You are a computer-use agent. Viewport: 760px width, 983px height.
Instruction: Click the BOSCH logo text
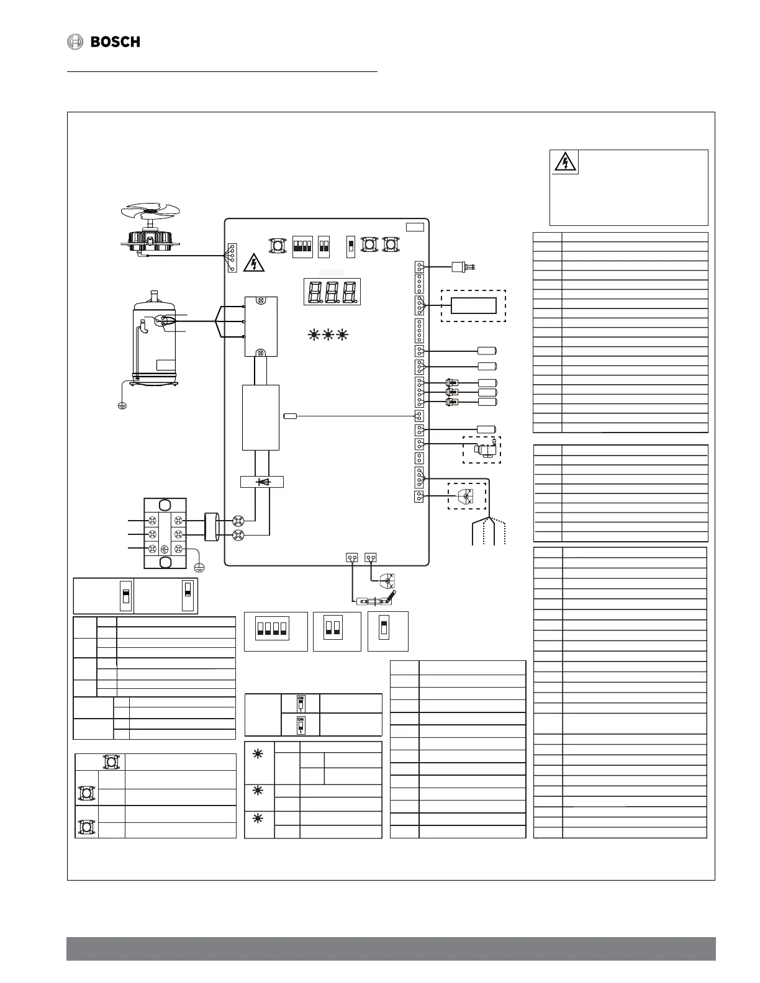[x=115, y=42]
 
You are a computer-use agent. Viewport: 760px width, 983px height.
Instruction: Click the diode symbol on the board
[x=262, y=482]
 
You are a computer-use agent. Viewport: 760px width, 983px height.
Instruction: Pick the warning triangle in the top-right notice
[x=565, y=163]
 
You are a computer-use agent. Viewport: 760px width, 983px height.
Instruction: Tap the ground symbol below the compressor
[x=122, y=406]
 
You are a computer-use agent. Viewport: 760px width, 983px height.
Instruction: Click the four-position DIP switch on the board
[x=302, y=246]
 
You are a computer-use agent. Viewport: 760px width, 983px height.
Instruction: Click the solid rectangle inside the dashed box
[x=474, y=306]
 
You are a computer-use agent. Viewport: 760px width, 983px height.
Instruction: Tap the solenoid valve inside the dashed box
[x=483, y=450]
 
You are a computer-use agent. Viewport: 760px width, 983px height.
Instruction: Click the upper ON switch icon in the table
[x=301, y=704]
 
